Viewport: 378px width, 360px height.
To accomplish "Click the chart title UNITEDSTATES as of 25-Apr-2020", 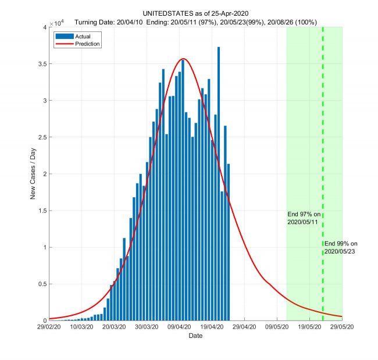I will (x=195, y=13).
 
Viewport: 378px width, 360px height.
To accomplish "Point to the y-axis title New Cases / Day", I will (x=33, y=173).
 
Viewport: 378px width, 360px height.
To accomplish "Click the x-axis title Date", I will (x=195, y=336).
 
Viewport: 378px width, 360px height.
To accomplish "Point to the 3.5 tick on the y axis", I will (x=41, y=64).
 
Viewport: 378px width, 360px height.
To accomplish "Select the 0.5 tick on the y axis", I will (x=41, y=284).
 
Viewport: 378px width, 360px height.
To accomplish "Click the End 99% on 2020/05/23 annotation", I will (x=341, y=247).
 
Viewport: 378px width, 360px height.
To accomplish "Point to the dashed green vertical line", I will (x=323, y=145).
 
